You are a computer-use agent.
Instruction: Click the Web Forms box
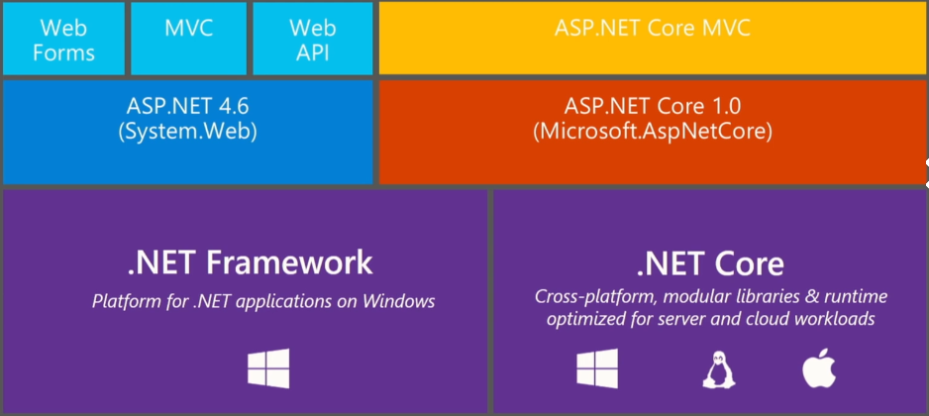63,39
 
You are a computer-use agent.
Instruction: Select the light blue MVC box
188,39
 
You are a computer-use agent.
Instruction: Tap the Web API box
313,39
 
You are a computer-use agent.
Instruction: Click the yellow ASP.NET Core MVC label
653,28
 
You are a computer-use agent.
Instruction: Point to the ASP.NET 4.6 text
187,107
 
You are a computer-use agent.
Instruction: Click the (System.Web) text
187,132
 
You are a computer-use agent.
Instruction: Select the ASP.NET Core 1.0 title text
653,107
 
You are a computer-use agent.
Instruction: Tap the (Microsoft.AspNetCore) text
653,132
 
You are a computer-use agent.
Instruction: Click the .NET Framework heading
250,262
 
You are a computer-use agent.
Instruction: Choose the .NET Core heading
710,263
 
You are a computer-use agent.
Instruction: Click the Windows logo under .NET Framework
268,368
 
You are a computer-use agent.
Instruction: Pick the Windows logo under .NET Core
597,368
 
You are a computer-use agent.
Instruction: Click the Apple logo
819,367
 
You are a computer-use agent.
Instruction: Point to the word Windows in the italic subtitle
399,301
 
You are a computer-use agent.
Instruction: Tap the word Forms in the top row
63,52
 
